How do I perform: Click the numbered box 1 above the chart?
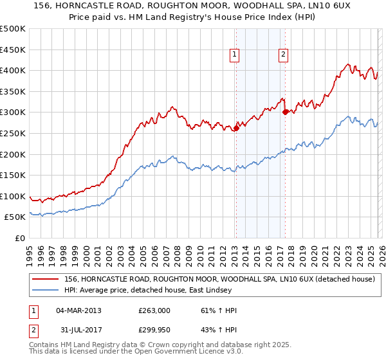click(x=235, y=55)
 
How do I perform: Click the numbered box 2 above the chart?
click(x=283, y=55)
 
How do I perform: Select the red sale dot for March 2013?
click(x=236, y=128)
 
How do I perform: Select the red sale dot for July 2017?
click(x=285, y=112)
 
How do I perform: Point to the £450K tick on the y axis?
click(x=13, y=50)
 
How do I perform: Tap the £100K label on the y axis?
click(x=13, y=196)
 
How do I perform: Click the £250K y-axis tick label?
click(x=13, y=133)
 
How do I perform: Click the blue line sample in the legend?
click(x=46, y=290)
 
